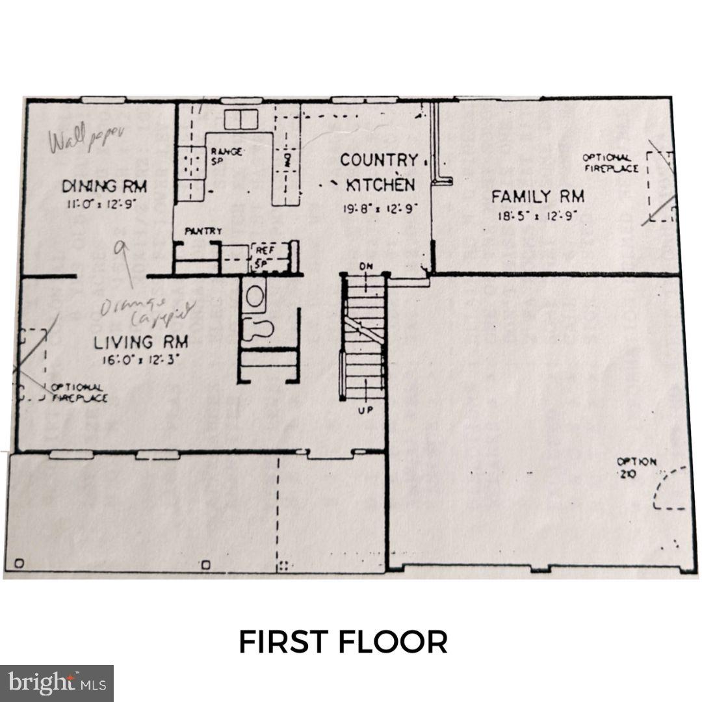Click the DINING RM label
pyautogui.click(x=105, y=186)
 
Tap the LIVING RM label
pyautogui.click(x=141, y=342)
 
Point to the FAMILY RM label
pyautogui.click(x=538, y=196)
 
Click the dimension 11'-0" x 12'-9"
pyautogui.click(x=105, y=203)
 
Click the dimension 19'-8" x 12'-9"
pyautogui.click(x=380, y=209)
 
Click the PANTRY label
pyautogui.click(x=203, y=231)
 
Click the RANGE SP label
pyautogui.click(x=226, y=156)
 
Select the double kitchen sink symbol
pyautogui.click(x=241, y=120)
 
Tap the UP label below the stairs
pyautogui.click(x=365, y=410)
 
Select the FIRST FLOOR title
pyautogui.click(x=343, y=642)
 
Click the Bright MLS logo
pyautogui.click(x=57, y=683)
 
